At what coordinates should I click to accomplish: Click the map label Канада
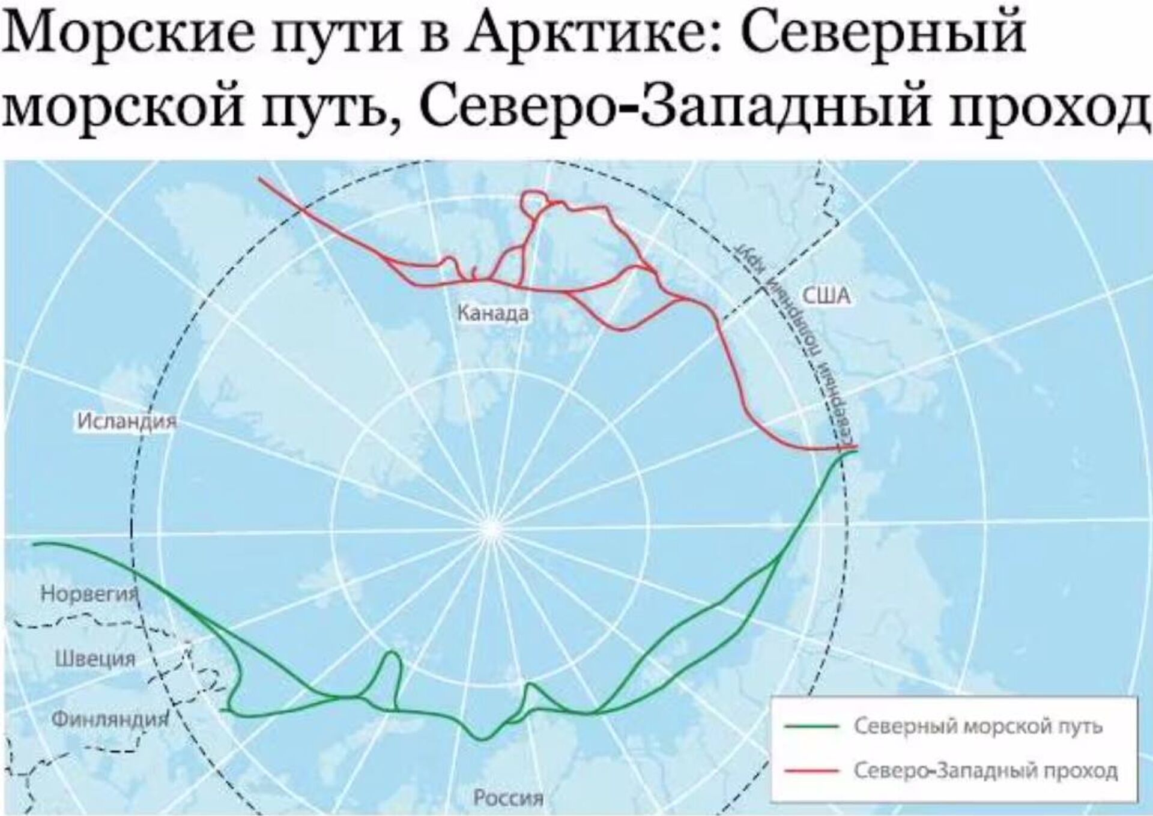coord(493,313)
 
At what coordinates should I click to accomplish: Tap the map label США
coord(826,296)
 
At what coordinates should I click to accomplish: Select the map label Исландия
coord(127,422)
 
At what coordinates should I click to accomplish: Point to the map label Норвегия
coord(89,594)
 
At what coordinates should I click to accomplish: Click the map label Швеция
coord(95,659)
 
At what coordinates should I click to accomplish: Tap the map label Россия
coord(508,797)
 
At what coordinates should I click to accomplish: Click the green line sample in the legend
coord(811,726)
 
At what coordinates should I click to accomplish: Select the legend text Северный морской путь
coord(978,726)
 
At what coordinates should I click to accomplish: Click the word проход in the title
coord(1047,110)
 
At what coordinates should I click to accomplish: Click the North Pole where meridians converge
coord(493,528)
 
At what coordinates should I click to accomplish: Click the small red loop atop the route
coord(534,202)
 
